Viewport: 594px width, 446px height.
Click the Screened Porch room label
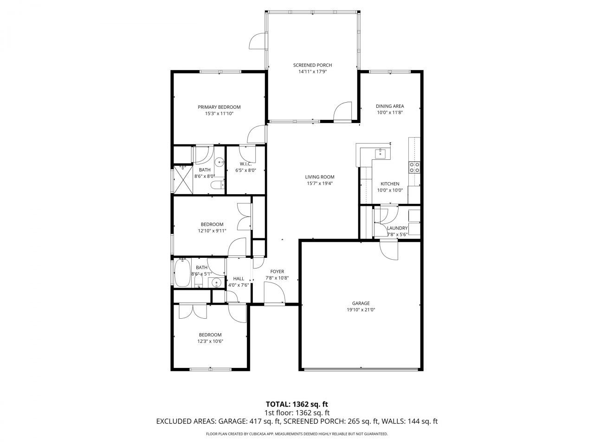pyautogui.click(x=312, y=65)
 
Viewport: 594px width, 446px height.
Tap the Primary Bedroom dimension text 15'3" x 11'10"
pyautogui.click(x=219, y=113)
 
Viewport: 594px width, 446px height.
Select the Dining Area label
pyautogui.click(x=389, y=106)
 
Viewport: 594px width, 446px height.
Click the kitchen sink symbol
pyautogui.click(x=381, y=153)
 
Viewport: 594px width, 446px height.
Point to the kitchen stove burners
pyautogui.click(x=414, y=167)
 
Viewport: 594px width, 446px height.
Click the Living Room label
pyautogui.click(x=319, y=177)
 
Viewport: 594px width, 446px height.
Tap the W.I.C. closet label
pyautogui.click(x=245, y=164)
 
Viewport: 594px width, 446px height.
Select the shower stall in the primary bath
pyautogui.click(x=183, y=179)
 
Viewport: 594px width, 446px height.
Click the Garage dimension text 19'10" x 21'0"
pyautogui.click(x=361, y=309)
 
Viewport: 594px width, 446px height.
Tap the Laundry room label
pyautogui.click(x=397, y=228)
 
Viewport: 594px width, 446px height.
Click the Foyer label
pyautogui.click(x=277, y=272)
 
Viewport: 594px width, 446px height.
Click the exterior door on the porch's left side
pyautogui.click(x=257, y=41)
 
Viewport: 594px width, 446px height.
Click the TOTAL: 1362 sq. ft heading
pyautogui.click(x=297, y=404)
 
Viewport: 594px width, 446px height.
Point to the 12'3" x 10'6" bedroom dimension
pyautogui.click(x=210, y=341)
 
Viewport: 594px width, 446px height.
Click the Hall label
pyautogui.click(x=239, y=279)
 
